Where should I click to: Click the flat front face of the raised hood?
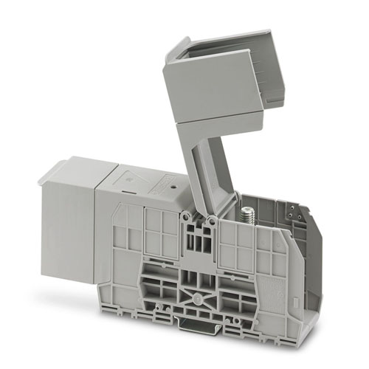pyautogui.click(x=210, y=85)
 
